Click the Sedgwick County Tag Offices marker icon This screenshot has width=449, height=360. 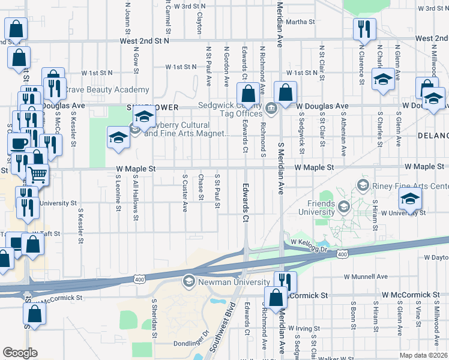271,108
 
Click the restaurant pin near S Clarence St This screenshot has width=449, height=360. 364,29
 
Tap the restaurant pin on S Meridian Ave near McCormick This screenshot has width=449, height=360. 285,282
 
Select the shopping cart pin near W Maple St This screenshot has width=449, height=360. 37,175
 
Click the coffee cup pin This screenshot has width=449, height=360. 18,143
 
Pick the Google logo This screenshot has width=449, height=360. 20,353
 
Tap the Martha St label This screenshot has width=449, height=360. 300,22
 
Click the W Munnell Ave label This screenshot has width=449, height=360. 366,277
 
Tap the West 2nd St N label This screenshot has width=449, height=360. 145,41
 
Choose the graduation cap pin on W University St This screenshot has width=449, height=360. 410,199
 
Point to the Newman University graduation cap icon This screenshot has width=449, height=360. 189,282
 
